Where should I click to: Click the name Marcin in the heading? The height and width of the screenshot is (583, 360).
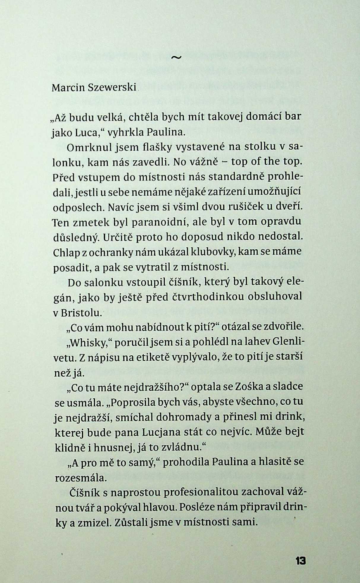tap(68, 88)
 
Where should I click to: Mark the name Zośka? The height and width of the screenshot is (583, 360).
tap(249, 387)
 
